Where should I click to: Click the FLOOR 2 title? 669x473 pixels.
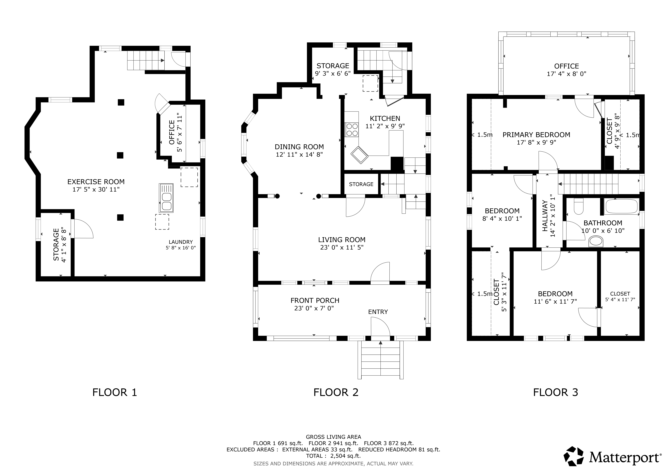click(336, 392)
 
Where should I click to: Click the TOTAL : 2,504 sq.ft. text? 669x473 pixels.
click(333, 456)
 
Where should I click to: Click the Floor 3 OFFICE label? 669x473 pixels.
click(566, 66)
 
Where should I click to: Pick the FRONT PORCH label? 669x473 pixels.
click(315, 301)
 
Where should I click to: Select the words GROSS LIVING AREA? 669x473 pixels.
click(333, 437)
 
